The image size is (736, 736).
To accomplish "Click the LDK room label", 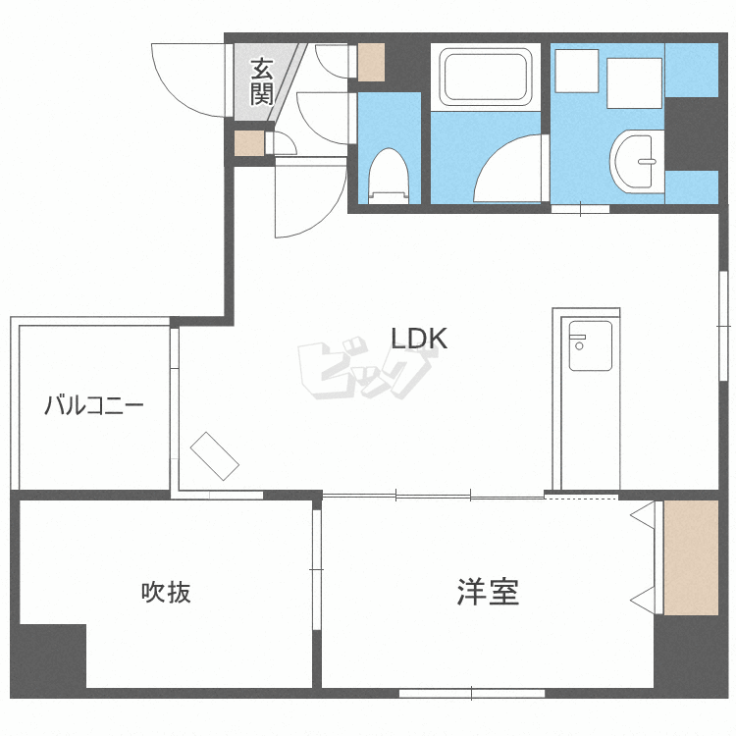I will click(419, 339).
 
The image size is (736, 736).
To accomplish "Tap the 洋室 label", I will click(488, 592).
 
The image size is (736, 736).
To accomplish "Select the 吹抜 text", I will click(166, 592).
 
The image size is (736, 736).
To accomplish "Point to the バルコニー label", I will click(94, 404).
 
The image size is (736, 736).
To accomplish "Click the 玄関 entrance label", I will click(260, 81).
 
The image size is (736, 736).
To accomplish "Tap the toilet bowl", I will click(389, 175).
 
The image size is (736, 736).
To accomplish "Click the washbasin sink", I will click(637, 160).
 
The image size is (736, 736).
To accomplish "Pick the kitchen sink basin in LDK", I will click(590, 345).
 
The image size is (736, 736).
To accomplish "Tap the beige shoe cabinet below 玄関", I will click(249, 143).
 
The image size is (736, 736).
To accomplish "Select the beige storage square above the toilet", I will click(371, 63).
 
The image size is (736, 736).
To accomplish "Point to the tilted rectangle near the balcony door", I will click(215, 456).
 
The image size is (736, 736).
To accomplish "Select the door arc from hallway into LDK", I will click(308, 201).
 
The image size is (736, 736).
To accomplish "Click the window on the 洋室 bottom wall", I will click(471, 693).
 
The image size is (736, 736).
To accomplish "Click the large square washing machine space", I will click(635, 81).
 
